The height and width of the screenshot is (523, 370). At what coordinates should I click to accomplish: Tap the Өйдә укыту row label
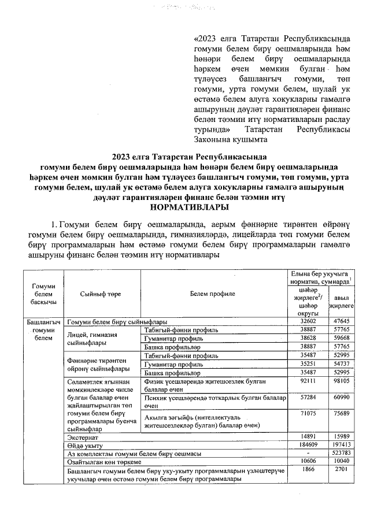point(82,444)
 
